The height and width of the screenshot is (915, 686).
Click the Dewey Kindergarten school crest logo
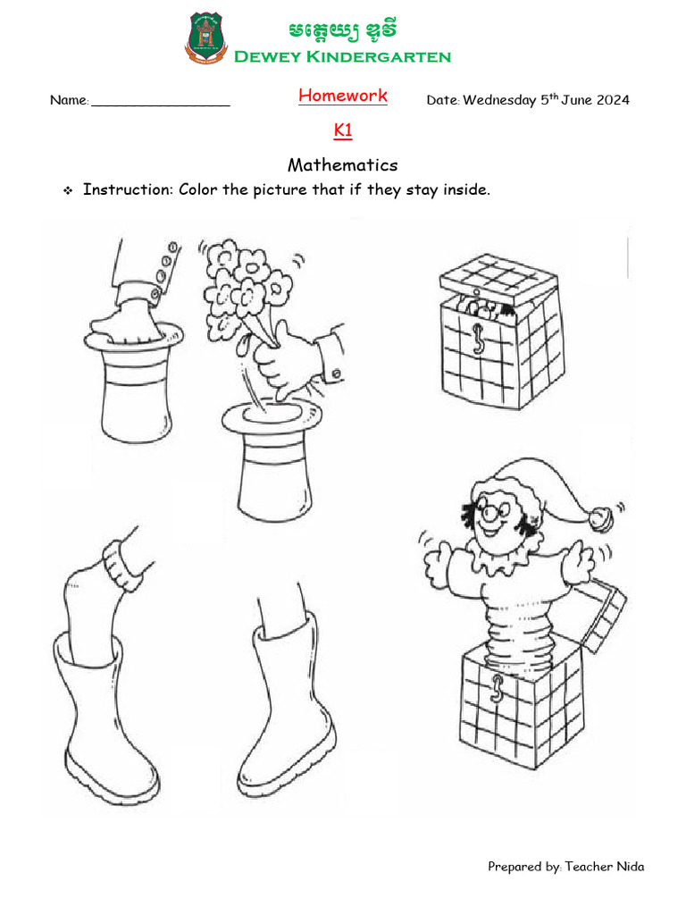coord(205,38)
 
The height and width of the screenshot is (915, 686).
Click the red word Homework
coord(343,96)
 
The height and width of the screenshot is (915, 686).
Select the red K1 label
coord(343,130)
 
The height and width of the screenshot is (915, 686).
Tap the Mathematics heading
coord(343,165)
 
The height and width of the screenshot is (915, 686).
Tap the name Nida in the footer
coord(629,866)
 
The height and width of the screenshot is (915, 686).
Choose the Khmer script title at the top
coord(342,31)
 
